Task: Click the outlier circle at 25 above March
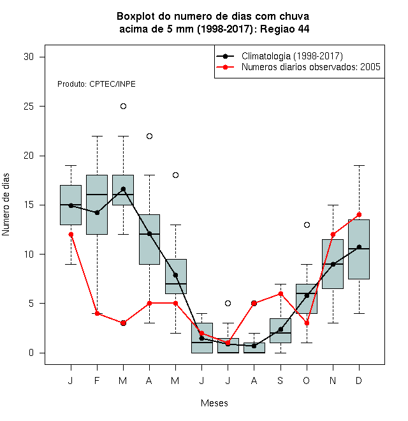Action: pyautogui.click(x=123, y=107)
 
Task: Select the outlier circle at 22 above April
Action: pyautogui.click(x=150, y=136)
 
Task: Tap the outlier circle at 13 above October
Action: pyautogui.click(x=307, y=225)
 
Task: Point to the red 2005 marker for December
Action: pyautogui.click(x=359, y=215)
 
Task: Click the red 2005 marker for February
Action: pyautogui.click(x=97, y=313)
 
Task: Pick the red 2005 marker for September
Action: pyautogui.click(x=280, y=293)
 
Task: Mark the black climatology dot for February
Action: pyautogui.click(x=97, y=212)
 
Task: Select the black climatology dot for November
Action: pyautogui.click(x=333, y=265)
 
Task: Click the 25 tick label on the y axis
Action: pyautogui.click(x=29, y=107)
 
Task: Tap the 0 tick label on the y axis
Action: pyautogui.click(x=31, y=353)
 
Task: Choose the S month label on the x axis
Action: pyautogui.click(x=280, y=380)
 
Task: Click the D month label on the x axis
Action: pyautogui.click(x=359, y=380)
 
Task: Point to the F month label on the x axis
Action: pyautogui.click(x=97, y=380)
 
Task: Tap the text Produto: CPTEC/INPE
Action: pyautogui.click(x=96, y=84)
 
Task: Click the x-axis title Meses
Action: pyautogui.click(x=214, y=403)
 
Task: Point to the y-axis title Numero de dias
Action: pyautogui.click(x=6, y=205)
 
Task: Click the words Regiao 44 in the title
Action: pyautogui.click(x=285, y=29)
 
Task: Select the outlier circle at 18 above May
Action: pyautogui.click(x=175, y=175)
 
